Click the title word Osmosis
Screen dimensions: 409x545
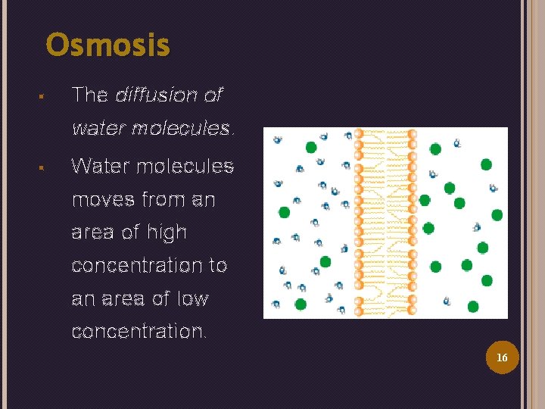click(108, 45)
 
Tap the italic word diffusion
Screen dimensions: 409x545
click(157, 95)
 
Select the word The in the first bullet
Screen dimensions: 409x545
click(89, 95)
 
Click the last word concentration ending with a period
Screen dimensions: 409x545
click(139, 333)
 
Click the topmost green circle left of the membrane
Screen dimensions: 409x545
click(311, 147)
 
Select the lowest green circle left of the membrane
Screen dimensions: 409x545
click(301, 304)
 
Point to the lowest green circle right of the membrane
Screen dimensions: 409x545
click(473, 306)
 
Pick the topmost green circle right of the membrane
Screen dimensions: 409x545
click(435, 148)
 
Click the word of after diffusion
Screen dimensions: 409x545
click(213, 95)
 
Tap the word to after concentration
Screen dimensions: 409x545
click(218, 266)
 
